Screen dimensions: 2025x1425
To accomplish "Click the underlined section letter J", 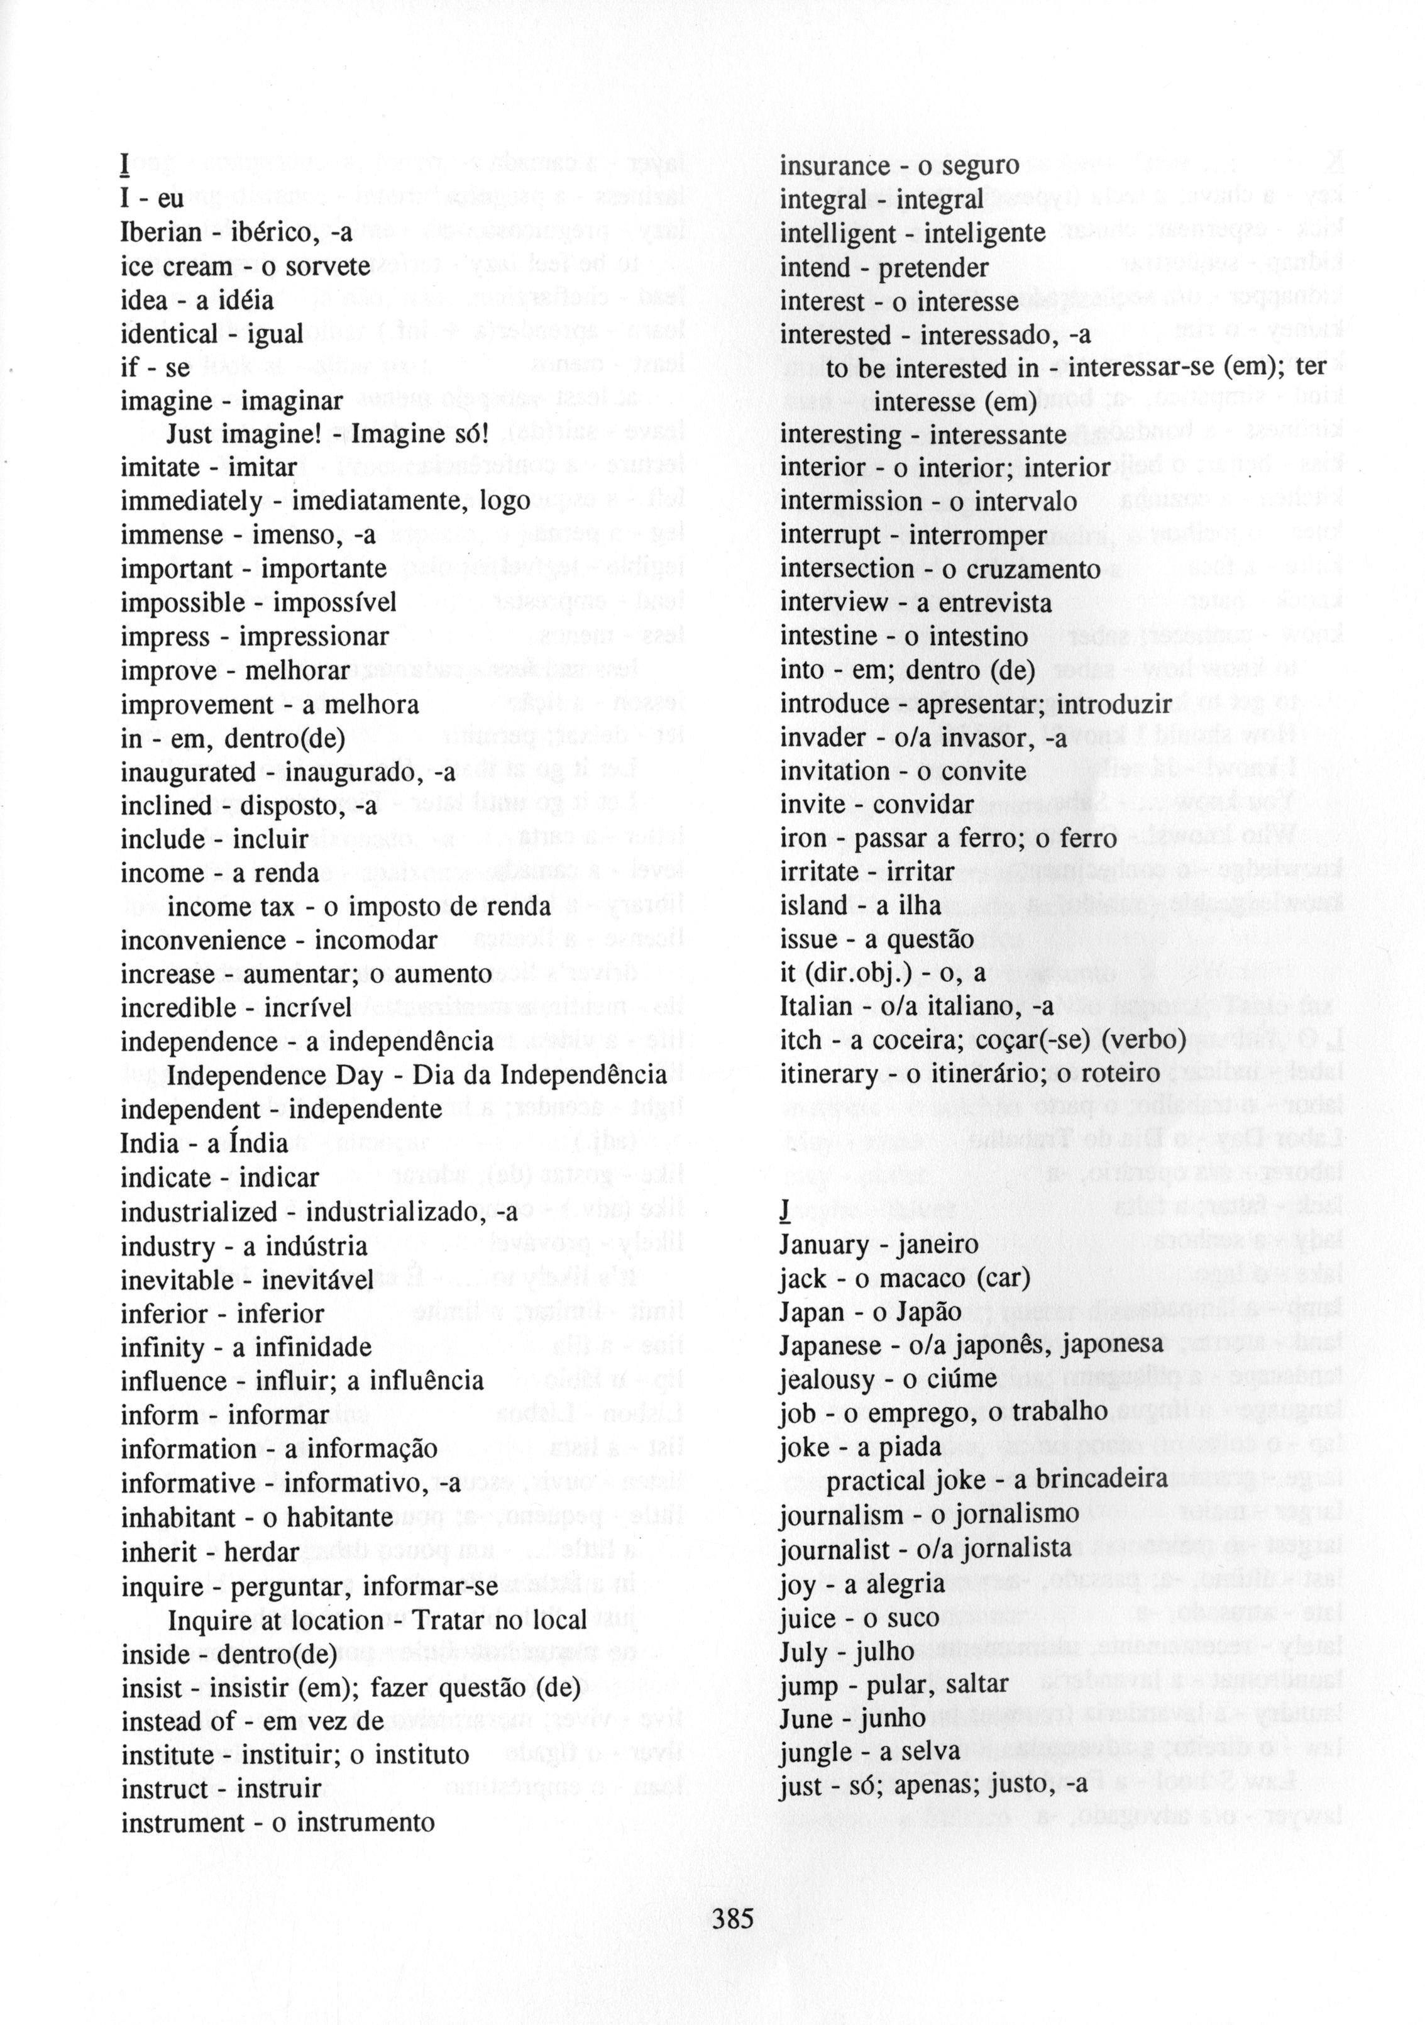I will click(x=784, y=1211).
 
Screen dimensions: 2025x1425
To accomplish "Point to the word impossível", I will click(x=334, y=604).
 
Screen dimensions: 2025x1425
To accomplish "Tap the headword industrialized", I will click(x=199, y=1213).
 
